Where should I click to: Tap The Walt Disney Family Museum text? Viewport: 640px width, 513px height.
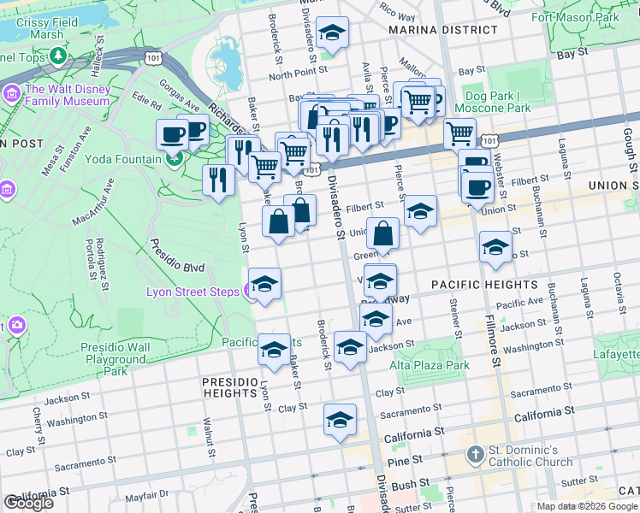[68, 95]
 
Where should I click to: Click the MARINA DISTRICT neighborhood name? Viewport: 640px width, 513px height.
[442, 30]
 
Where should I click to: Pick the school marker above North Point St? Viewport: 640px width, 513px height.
[331, 33]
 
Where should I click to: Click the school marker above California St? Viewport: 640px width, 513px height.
[340, 421]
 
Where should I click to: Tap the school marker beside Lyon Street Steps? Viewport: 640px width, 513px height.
[264, 284]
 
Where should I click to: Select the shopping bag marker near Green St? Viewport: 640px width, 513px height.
[382, 233]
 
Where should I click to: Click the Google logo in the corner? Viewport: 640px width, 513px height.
[28, 503]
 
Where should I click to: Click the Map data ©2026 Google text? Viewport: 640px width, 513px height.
[586, 506]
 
